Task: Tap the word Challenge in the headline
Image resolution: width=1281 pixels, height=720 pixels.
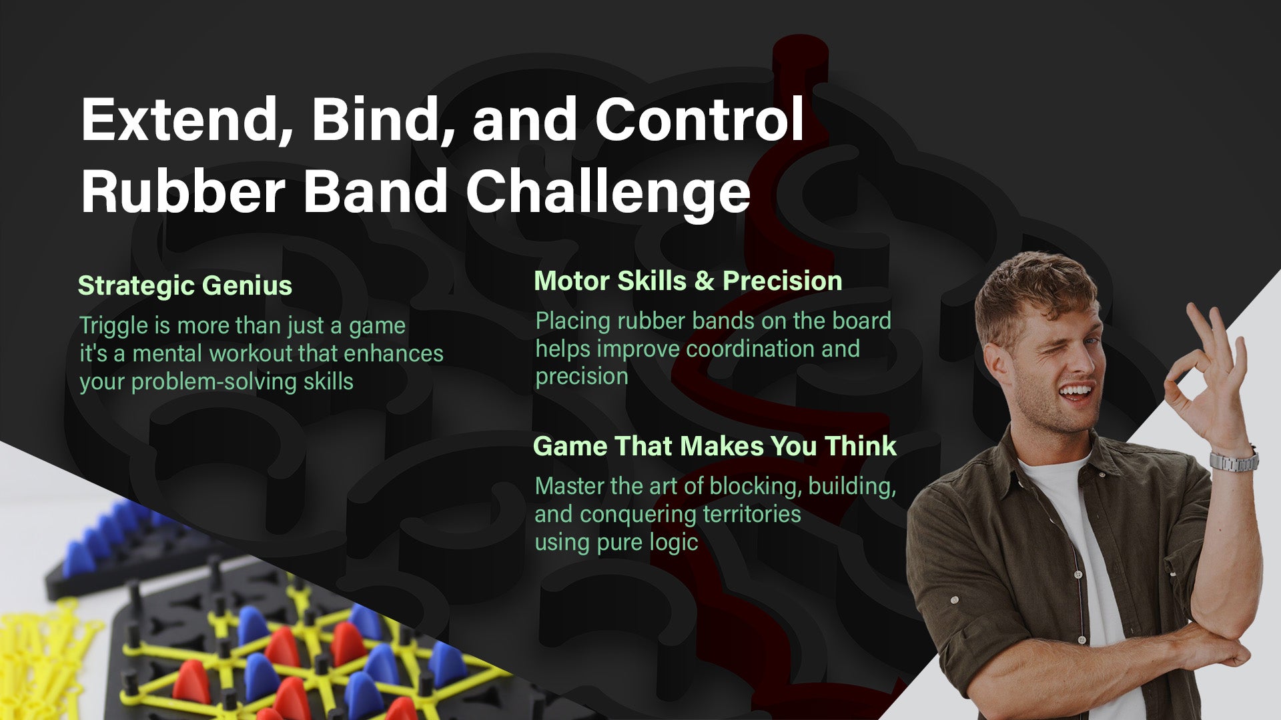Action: pyautogui.click(x=608, y=192)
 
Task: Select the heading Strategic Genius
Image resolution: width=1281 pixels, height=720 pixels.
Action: pyautogui.click(x=185, y=286)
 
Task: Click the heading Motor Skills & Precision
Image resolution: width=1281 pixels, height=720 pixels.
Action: pyautogui.click(x=688, y=281)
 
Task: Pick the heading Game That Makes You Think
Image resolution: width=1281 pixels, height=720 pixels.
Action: pyautogui.click(x=715, y=446)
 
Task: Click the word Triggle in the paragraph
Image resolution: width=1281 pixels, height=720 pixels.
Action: pyautogui.click(x=113, y=327)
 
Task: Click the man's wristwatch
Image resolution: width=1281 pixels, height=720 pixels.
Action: pyautogui.click(x=1234, y=460)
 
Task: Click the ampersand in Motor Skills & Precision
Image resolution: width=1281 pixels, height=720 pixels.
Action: pyautogui.click(x=704, y=281)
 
